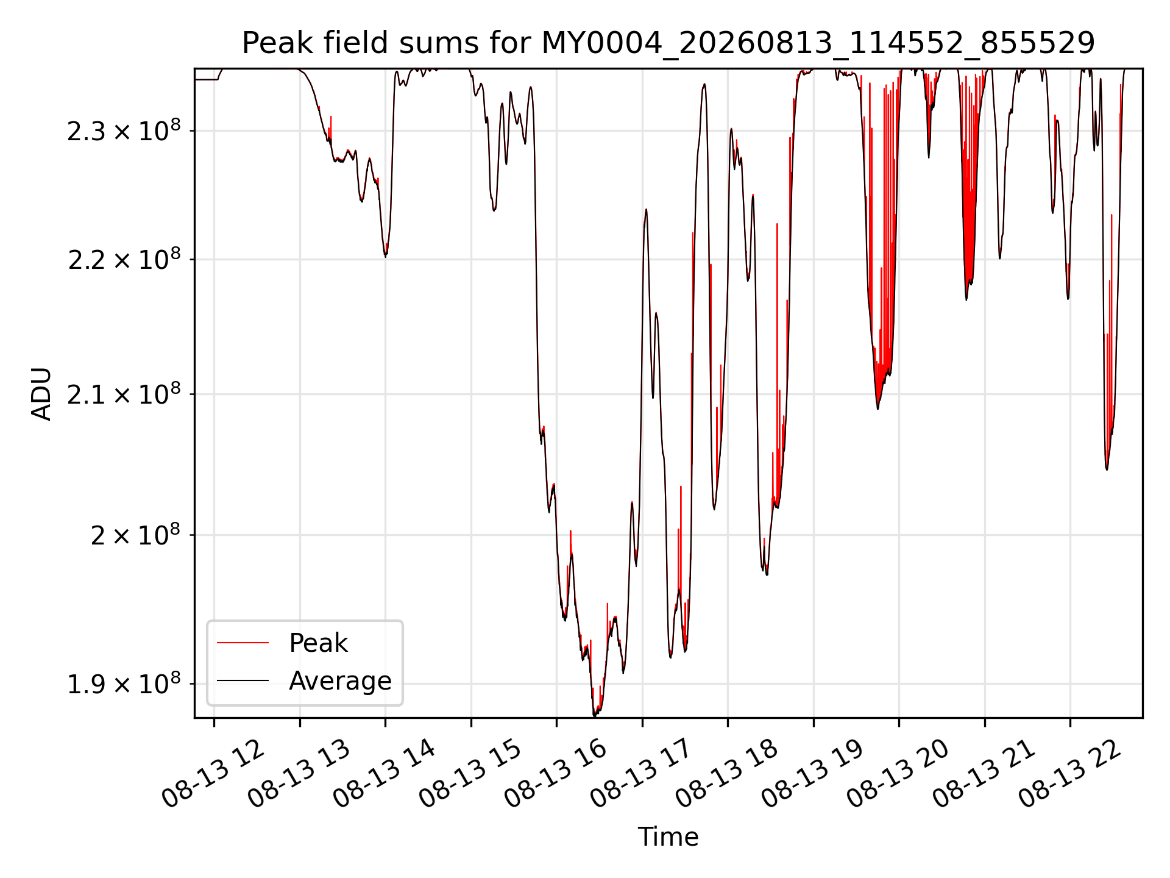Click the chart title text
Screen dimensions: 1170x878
(x=668, y=43)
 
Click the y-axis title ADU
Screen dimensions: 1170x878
(x=41, y=393)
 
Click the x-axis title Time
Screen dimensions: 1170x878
(x=668, y=837)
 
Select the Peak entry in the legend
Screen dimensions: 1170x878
(x=318, y=643)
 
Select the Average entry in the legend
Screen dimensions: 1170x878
(x=340, y=680)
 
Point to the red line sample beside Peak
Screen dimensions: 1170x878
(x=243, y=643)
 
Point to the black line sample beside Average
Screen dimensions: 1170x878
(x=243, y=680)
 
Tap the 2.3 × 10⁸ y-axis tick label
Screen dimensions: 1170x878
(x=124, y=130)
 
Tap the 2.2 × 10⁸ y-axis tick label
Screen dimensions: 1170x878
(x=124, y=259)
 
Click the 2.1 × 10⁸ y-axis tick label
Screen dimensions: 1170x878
(x=124, y=394)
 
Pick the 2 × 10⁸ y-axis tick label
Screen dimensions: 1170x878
(x=135, y=535)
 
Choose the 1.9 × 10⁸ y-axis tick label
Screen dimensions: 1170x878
(x=124, y=683)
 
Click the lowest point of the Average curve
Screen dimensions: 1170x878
(x=595, y=716)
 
